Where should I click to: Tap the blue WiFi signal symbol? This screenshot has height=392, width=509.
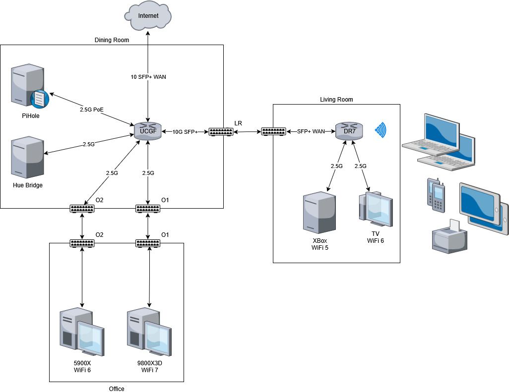[381, 130]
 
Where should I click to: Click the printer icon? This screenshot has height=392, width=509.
[449, 237]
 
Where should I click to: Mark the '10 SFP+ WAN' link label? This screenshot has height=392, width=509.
[148, 77]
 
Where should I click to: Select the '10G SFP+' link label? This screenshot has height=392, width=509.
[185, 132]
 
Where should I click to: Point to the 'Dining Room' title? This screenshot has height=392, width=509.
[112, 40]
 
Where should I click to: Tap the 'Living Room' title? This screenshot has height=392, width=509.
[336, 100]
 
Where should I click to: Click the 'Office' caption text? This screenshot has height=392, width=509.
[117, 389]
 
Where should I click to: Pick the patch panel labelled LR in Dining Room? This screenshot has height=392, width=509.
[221, 132]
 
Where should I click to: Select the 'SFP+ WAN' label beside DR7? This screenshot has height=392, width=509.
[311, 131]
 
